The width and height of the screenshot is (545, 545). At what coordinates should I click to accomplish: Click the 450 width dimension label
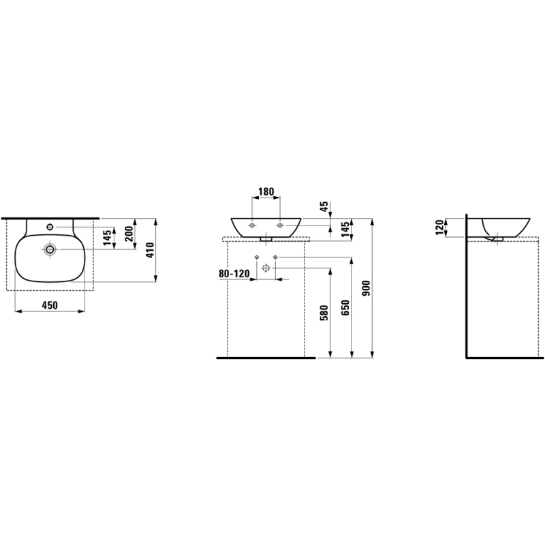(x=50, y=305)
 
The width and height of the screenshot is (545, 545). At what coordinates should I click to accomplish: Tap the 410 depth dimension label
(x=150, y=250)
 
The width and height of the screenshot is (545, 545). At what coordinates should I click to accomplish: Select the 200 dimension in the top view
(x=129, y=234)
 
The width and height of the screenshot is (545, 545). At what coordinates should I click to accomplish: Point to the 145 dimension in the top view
(x=108, y=238)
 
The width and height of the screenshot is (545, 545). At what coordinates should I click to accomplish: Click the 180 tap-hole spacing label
(x=266, y=191)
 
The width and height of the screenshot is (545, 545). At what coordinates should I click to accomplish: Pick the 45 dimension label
(x=324, y=206)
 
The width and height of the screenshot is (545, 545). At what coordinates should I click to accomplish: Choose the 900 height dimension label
(x=367, y=288)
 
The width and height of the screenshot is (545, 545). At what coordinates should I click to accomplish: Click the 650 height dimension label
(x=345, y=308)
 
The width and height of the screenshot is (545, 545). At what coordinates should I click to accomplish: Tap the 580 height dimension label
(x=324, y=313)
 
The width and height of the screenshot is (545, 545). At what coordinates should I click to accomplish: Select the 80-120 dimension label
(x=234, y=274)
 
